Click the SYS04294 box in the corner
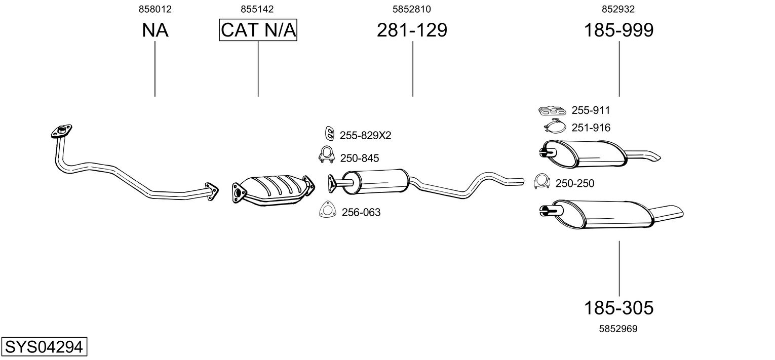(x=44, y=347)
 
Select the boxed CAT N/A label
(x=258, y=30)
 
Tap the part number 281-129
(x=412, y=30)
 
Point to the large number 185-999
(x=618, y=30)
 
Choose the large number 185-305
(x=618, y=307)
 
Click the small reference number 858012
(x=154, y=9)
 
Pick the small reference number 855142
(x=258, y=9)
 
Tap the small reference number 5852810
(x=412, y=9)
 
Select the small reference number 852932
(x=618, y=9)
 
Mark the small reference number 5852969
(x=618, y=329)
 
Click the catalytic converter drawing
(x=274, y=190)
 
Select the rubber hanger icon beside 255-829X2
(x=329, y=133)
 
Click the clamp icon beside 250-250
(x=542, y=182)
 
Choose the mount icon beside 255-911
(x=553, y=110)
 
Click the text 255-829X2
(x=365, y=136)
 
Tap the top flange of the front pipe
(x=62, y=131)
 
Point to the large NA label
(x=154, y=30)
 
